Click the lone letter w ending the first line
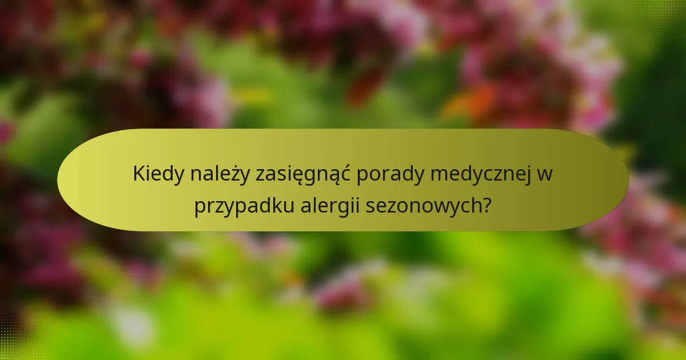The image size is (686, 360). (x=545, y=174)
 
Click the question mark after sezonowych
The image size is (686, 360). (x=486, y=205)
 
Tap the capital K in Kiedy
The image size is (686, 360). (x=138, y=174)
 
